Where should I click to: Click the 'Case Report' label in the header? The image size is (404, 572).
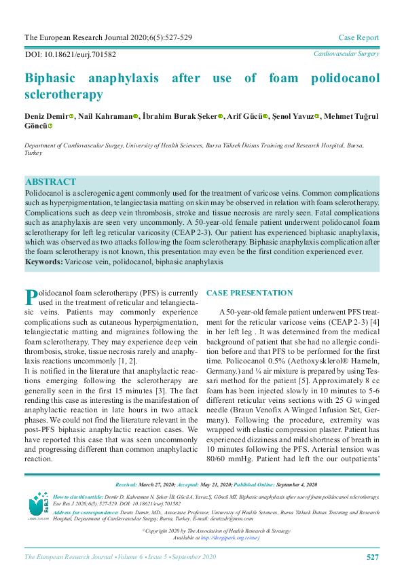pyautogui.click(x=359, y=37)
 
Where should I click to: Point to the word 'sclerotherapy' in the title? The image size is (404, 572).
pyautogui.click(x=64, y=94)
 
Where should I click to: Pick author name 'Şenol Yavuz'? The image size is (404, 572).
pyautogui.click(x=294, y=116)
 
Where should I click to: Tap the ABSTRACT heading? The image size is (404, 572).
pyautogui.click(x=50, y=182)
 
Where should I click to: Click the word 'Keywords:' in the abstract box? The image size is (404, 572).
pyautogui.click(x=44, y=262)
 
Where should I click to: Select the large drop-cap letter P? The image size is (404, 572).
pyautogui.click(x=31, y=297)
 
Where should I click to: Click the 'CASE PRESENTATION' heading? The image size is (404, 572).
pyautogui.click(x=249, y=293)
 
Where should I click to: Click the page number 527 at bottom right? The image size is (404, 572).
pyautogui.click(x=372, y=557)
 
